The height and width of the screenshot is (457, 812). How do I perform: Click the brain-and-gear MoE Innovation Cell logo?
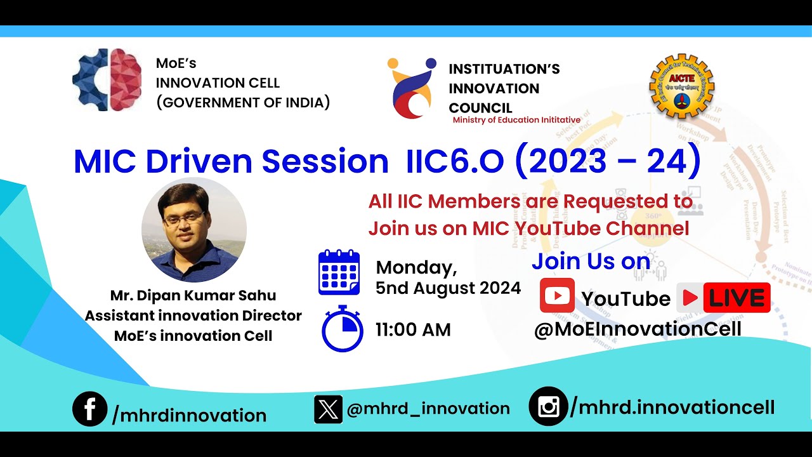click(107, 80)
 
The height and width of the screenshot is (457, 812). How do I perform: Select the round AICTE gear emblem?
click(681, 86)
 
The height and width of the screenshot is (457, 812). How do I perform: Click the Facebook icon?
click(89, 409)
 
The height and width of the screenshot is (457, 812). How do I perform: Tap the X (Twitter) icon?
click(328, 409)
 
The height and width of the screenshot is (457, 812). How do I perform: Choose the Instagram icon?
click(547, 406)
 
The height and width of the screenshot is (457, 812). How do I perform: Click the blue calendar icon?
click(339, 273)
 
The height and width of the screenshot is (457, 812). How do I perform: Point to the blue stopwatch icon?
click(342, 329)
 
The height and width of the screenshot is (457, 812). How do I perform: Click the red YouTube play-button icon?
click(557, 296)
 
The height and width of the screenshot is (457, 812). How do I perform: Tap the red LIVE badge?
click(724, 298)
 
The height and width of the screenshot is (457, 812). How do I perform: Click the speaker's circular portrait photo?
click(194, 230)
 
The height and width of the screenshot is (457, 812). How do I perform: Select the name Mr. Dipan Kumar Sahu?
click(193, 296)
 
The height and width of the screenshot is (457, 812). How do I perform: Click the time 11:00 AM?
click(413, 330)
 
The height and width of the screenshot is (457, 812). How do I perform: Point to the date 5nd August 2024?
click(448, 288)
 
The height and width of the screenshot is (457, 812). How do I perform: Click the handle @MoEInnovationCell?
click(637, 329)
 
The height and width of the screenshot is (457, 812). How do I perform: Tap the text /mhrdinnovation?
click(189, 416)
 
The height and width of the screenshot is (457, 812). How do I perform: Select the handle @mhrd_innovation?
click(428, 409)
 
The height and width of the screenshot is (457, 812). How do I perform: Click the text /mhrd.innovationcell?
click(672, 407)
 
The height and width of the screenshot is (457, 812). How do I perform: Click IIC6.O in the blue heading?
click(454, 162)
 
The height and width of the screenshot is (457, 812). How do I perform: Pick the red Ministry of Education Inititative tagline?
click(516, 120)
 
